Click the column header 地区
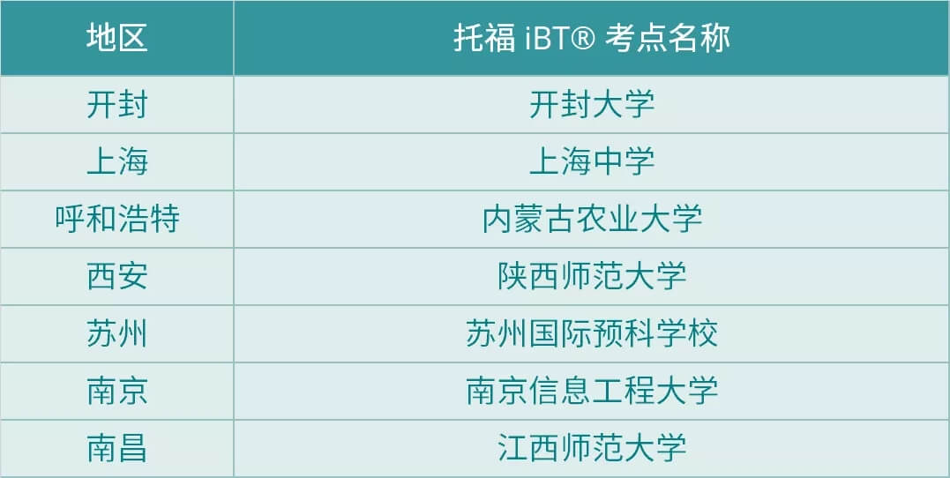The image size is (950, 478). point(117,38)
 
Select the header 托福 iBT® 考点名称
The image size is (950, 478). point(592,38)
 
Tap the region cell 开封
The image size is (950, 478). point(117,105)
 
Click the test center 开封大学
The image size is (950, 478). point(592,105)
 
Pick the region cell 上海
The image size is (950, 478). point(117,161)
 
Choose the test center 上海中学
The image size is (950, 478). point(592,161)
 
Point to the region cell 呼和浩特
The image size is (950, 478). point(117,220)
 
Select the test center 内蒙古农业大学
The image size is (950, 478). point(592,220)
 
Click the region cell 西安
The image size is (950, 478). point(117,276)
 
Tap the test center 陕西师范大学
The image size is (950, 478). point(592,276)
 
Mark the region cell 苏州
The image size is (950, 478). point(117,334)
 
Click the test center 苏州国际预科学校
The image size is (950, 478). point(592,334)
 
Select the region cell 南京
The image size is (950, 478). point(117,391)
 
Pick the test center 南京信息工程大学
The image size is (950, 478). point(592,391)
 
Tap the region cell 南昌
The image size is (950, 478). point(117,448)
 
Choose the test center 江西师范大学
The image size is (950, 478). point(592,448)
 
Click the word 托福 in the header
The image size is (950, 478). point(484,38)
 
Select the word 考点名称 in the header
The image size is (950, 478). point(668,38)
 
